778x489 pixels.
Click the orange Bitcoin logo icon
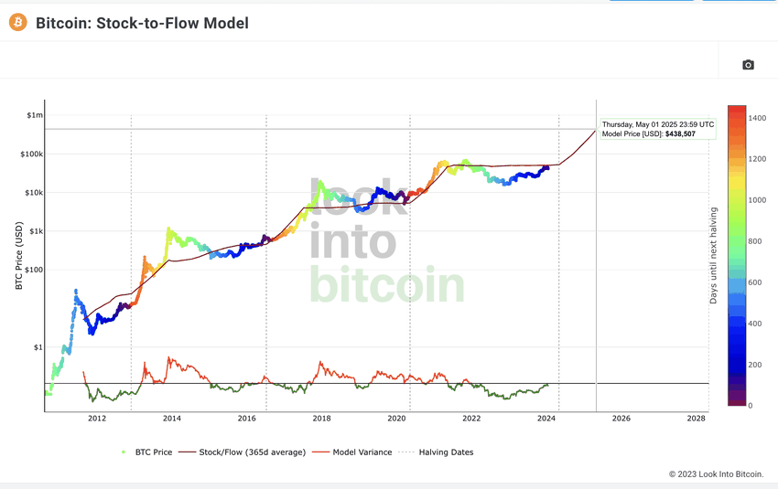(x=17, y=22)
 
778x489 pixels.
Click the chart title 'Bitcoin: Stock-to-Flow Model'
(x=142, y=23)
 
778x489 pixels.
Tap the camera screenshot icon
(x=748, y=65)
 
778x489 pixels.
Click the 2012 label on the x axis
(x=97, y=419)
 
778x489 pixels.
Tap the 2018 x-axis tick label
(x=321, y=419)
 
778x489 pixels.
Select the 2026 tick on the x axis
(x=621, y=419)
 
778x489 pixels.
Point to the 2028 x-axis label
(x=696, y=419)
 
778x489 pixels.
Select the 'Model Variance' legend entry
(x=362, y=452)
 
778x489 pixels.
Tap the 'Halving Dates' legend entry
(x=446, y=452)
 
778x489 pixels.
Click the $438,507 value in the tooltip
(x=676, y=134)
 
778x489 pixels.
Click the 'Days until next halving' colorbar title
(x=714, y=255)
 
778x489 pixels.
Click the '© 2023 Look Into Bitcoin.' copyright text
(x=716, y=473)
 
